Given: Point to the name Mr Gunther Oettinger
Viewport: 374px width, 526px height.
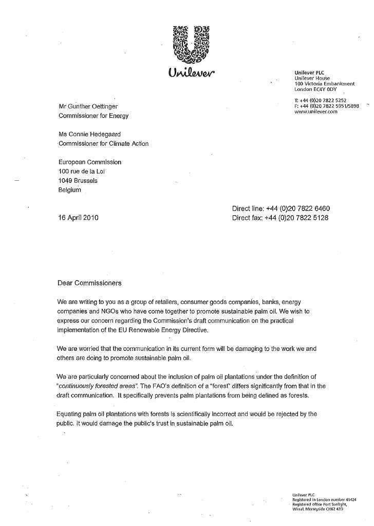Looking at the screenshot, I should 90,106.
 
